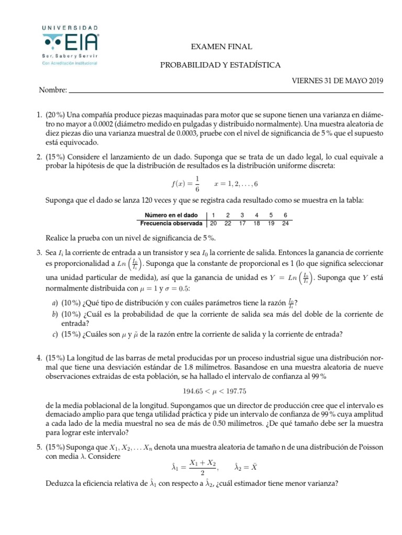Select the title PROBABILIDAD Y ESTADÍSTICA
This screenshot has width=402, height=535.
pyautogui.click(x=220, y=65)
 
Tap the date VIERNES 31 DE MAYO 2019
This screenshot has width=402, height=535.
pyautogui.click(x=337, y=80)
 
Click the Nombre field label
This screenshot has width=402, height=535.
pyautogui.click(x=52, y=90)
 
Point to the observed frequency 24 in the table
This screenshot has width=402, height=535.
pyautogui.click(x=285, y=223)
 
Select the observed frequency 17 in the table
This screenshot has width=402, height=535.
pyautogui.click(x=242, y=223)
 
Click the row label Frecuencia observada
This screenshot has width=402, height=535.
pyautogui.click(x=172, y=223)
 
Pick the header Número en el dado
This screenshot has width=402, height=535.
pyautogui.click(x=172, y=215)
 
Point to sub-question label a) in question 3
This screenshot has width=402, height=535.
pyautogui.click(x=54, y=303)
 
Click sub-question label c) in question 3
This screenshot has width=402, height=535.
pyautogui.click(x=54, y=334)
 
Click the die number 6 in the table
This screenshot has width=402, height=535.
pyautogui.click(x=285, y=215)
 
